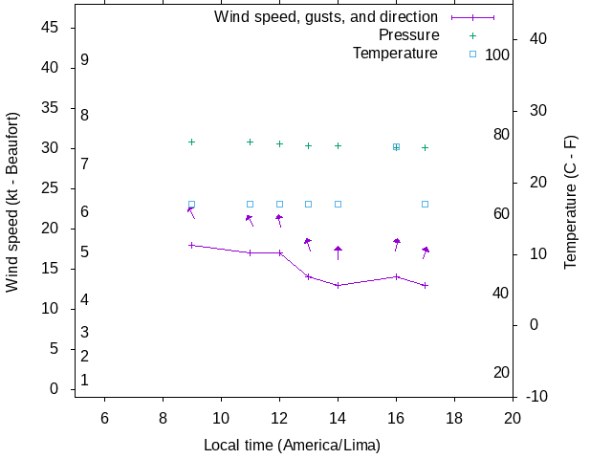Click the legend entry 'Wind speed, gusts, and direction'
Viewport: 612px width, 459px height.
pyautogui.click(x=325, y=17)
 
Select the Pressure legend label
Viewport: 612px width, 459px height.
pyautogui.click(x=407, y=35)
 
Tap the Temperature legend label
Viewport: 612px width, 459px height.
pyautogui.click(x=395, y=54)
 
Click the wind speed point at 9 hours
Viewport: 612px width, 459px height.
pyautogui.click(x=191, y=245)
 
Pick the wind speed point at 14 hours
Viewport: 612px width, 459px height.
pyautogui.click(x=338, y=285)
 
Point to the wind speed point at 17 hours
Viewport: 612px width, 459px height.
pyautogui.click(x=425, y=285)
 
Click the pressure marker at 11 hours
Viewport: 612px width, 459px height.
pyautogui.click(x=250, y=142)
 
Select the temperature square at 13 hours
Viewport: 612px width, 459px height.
pyautogui.click(x=308, y=204)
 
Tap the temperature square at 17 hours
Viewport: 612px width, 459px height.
pyautogui.click(x=425, y=204)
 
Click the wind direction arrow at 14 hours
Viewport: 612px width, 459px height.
pyautogui.click(x=338, y=252)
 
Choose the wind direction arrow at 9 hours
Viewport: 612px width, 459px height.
pyautogui.click(x=191, y=212)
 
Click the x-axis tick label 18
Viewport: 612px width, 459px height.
pyautogui.click(x=454, y=418)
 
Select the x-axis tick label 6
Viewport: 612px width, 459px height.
pyautogui.click(x=104, y=418)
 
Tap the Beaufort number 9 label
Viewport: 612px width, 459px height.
pyautogui.click(x=85, y=59)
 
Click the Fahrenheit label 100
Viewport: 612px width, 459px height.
pyautogui.click(x=497, y=55)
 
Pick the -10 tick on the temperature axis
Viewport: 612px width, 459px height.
pyautogui.click(x=535, y=396)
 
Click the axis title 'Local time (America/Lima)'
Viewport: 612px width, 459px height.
pyautogui.click(x=292, y=446)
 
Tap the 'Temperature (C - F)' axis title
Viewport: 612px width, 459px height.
pyautogui.click(x=571, y=201)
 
